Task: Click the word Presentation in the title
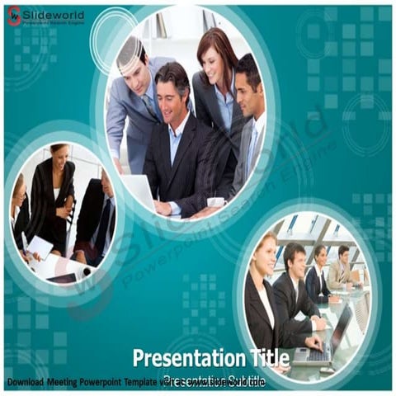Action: coord(181,357)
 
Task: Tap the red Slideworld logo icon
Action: coord(13,15)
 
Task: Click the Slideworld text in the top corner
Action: coord(53,12)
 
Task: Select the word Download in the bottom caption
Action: coord(25,382)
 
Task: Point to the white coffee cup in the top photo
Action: coord(216,202)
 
